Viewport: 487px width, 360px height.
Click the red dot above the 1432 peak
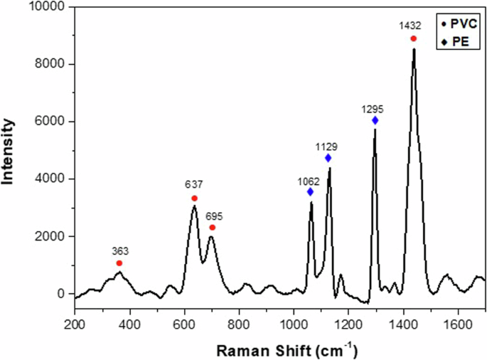point(413,38)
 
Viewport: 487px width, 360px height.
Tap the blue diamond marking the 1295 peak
point(375,121)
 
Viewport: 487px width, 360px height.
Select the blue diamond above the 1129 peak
point(328,158)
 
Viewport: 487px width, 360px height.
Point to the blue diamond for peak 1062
point(310,192)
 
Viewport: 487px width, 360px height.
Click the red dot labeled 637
point(194,198)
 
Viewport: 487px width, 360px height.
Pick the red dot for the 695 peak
point(212,228)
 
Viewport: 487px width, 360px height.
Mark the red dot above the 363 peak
point(119,263)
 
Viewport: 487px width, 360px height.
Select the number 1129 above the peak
point(327,147)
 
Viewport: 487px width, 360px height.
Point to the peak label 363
point(119,251)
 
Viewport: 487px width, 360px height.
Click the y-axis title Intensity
point(9,150)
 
